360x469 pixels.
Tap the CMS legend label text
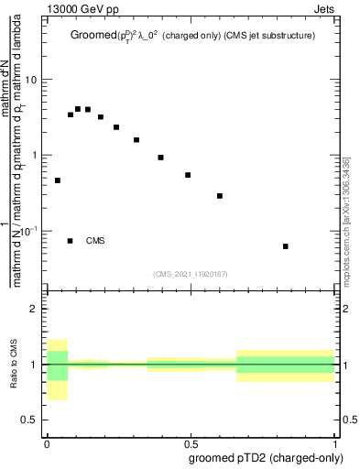coord(95,241)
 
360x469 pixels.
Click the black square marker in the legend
coord(71,241)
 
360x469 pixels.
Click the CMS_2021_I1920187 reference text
coord(191,272)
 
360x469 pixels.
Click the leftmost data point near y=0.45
coord(58,180)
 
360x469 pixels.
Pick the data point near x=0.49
coord(188,175)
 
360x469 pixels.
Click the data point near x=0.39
coord(160,158)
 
